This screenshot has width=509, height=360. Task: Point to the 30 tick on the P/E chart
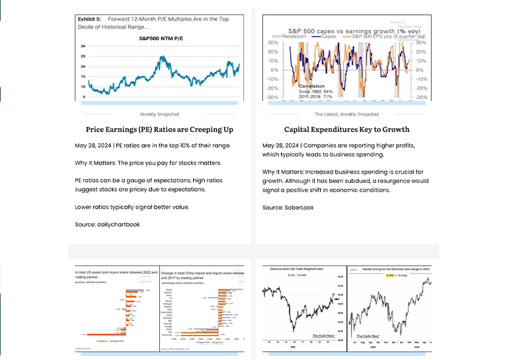pyautogui.click(x=83, y=46)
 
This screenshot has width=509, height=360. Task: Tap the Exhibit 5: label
pyautogui.click(x=88, y=20)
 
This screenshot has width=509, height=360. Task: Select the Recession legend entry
pyautogui.click(x=293, y=36)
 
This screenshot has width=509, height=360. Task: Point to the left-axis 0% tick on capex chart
pyautogui.click(x=272, y=69)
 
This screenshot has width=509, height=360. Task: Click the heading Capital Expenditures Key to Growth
pyautogui.click(x=346, y=129)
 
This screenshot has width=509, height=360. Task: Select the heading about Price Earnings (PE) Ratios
pyautogui.click(x=159, y=129)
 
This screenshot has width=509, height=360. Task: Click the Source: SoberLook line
pyautogui.click(x=288, y=207)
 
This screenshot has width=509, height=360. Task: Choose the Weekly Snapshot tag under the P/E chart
pyautogui.click(x=159, y=114)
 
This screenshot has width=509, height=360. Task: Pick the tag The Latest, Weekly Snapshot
pyautogui.click(x=346, y=114)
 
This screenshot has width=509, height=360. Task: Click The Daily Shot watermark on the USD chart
pyautogui.click(x=323, y=336)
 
